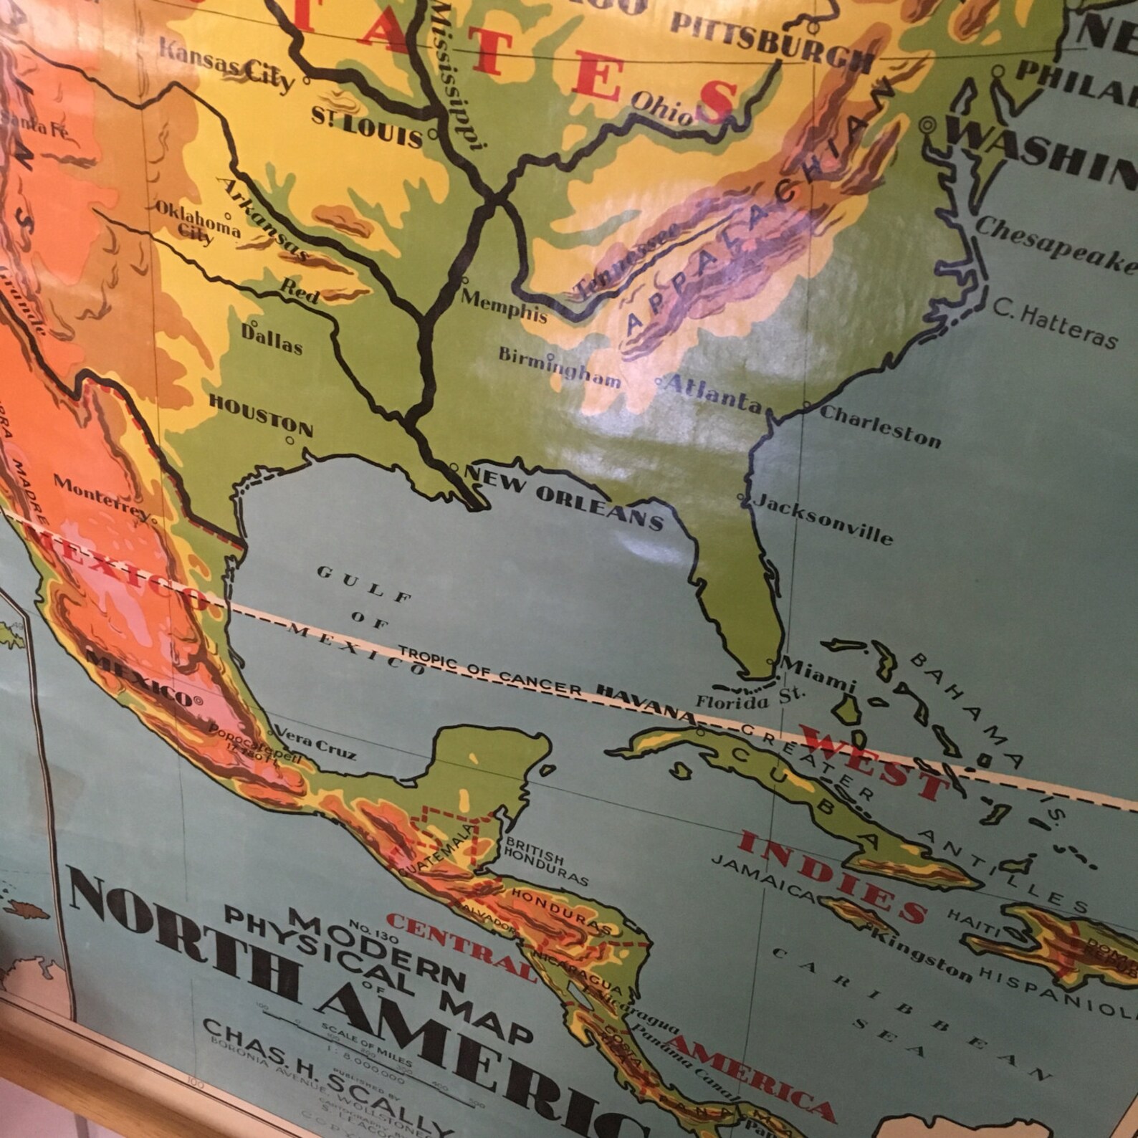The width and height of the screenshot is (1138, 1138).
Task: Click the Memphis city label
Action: pos(504,306)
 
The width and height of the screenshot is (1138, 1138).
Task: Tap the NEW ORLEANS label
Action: pos(564,497)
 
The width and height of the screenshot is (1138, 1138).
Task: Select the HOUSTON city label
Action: pos(261,414)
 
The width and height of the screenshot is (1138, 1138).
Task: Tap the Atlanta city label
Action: pos(713,392)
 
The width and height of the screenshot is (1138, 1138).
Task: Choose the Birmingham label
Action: pos(560,367)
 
